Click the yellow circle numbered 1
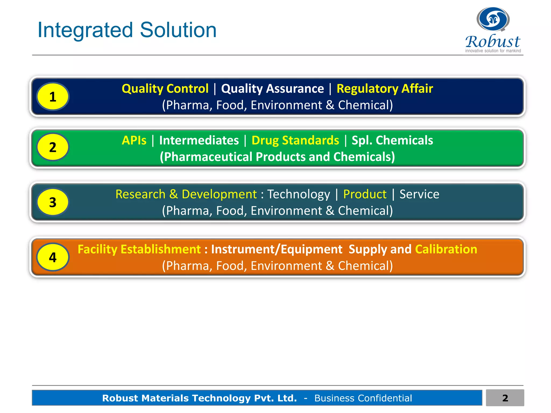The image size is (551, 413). (x=53, y=97)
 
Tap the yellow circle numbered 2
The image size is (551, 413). (x=53, y=147)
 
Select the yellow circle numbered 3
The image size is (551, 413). (x=53, y=202)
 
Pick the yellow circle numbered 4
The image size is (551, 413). (x=53, y=257)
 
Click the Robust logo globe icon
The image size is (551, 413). (x=493, y=19)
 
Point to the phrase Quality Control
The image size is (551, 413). (x=165, y=88)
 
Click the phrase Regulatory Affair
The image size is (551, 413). (x=384, y=88)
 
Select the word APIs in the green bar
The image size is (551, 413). (x=134, y=140)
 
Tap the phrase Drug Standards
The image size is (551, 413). (x=295, y=140)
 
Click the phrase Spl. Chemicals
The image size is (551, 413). (x=392, y=140)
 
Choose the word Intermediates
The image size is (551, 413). (x=199, y=140)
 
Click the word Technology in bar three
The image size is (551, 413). (x=298, y=194)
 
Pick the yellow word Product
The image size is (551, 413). (x=365, y=194)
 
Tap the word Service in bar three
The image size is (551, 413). (x=419, y=194)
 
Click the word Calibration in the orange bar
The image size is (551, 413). (x=446, y=249)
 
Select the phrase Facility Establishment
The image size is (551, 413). (x=139, y=249)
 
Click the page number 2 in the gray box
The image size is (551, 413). (x=505, y=398)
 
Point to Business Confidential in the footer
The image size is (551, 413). (x=363, y=398)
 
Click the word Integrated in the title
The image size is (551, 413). (x=85, y=30)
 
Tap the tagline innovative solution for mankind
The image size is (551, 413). (x=493, y=51)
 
